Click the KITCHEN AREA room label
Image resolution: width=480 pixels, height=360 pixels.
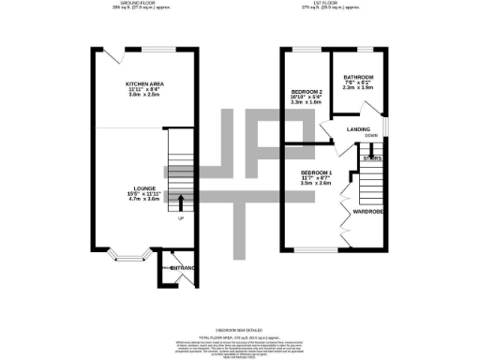pos(144,83)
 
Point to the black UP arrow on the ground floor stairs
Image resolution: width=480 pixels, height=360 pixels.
pos(181,199)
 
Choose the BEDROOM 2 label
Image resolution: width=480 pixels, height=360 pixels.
pos(306,92)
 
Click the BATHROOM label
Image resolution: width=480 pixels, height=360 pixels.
pos(358,77)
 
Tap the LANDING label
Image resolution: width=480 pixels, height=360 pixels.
pos(357,129)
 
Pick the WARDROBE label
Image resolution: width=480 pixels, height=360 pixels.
pos(367,212)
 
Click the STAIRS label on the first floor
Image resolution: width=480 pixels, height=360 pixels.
pos(372,158)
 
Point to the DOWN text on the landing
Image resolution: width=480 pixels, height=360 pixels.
pos(371,136)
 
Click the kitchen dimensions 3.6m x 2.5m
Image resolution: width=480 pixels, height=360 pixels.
pos(144,95)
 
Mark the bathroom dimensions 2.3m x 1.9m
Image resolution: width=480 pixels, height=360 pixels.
pos(358,88)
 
